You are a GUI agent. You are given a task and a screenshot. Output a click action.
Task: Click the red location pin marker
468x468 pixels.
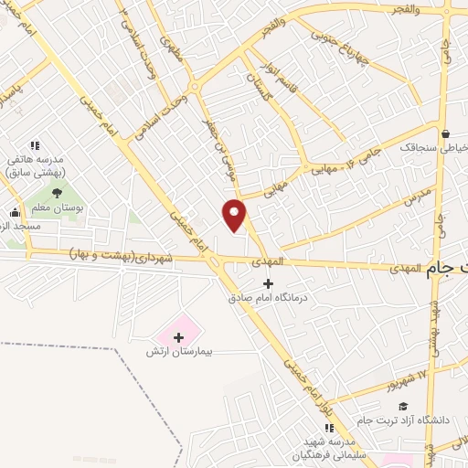point(235,215)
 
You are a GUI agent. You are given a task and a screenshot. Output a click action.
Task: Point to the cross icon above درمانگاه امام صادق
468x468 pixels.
point(268,284)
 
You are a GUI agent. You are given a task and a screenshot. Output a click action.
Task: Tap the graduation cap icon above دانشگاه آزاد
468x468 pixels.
point(403,407)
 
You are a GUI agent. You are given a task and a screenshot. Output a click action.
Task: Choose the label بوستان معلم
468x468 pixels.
point(59,208)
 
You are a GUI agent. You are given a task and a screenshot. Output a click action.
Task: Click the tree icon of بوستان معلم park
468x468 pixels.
point(58,193)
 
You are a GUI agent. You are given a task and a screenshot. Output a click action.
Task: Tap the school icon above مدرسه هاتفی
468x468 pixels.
point(36,144)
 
